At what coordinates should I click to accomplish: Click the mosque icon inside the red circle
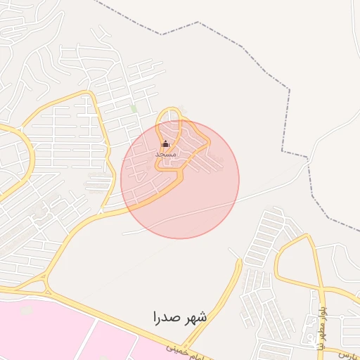pyautogui.click(x=165, y=145)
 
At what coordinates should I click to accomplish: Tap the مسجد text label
pyautogui.click(x=165, y=153)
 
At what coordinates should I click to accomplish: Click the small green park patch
pyautogui.click(x=134, y=109)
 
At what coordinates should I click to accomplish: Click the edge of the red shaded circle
pyautogui.click(x=238, y=179)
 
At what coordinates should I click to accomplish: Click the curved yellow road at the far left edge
pyautogui.click(x=30, y=151)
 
